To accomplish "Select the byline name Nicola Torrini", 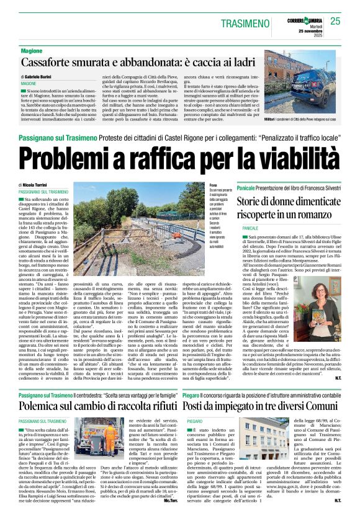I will (x=37, y=185).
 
